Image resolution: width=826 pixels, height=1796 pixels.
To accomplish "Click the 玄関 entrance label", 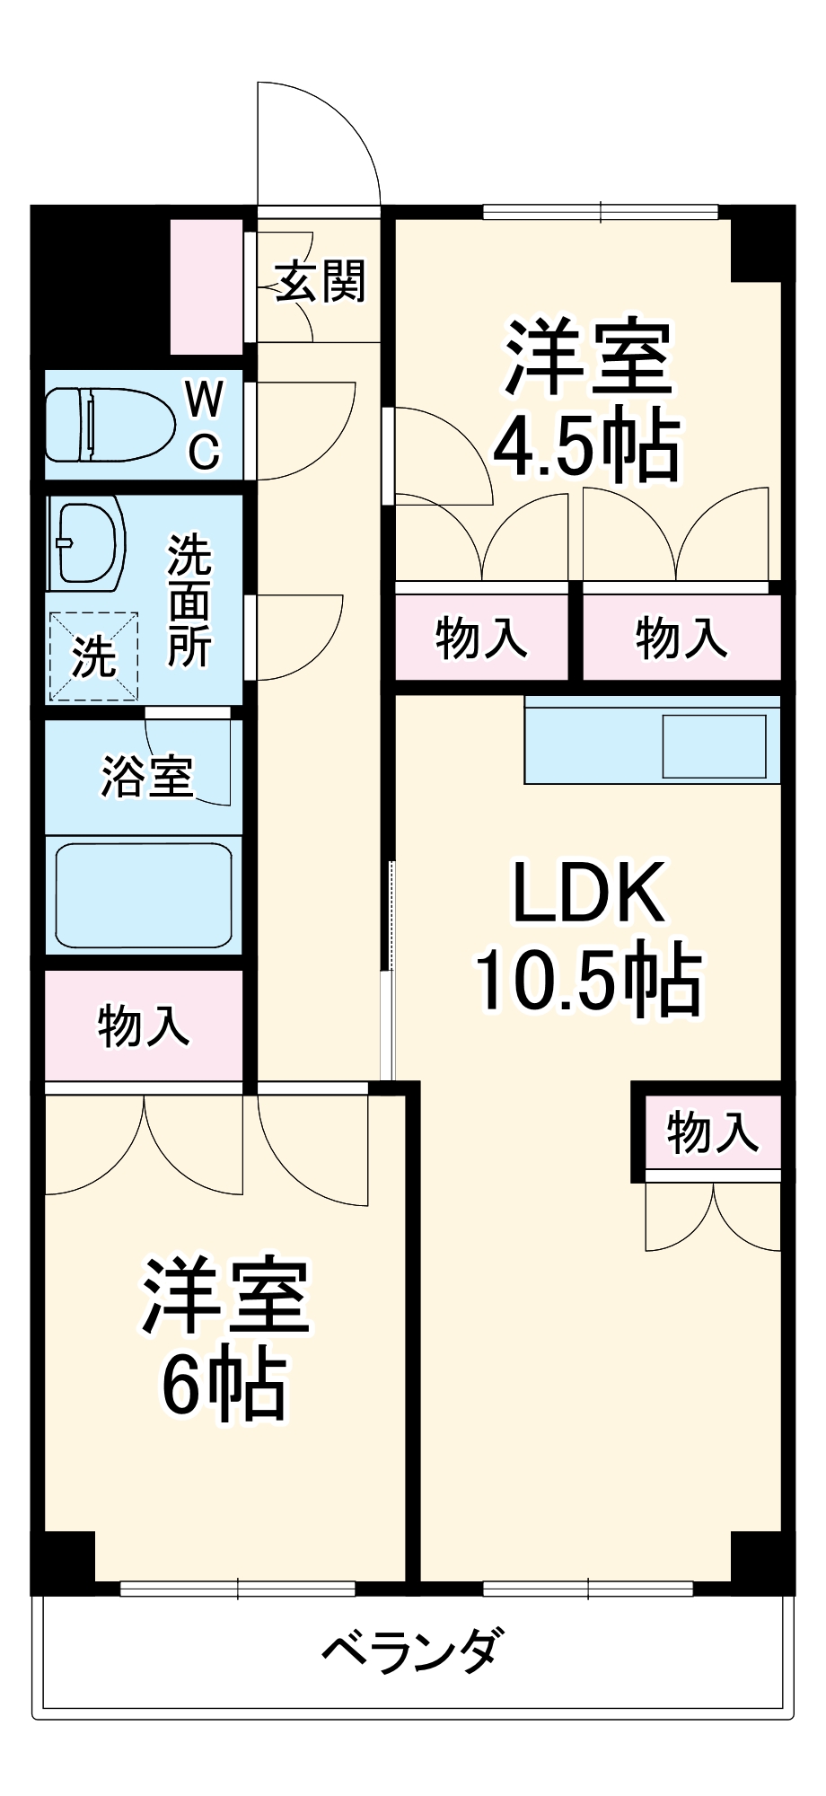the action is click(x=321, y=282).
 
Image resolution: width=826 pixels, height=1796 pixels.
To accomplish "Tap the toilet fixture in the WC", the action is click(x=110, y=424).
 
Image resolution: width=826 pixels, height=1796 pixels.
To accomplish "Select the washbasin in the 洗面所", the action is click(x=88, y=543).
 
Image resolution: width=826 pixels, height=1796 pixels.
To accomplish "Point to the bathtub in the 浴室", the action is click(x=145, y=894).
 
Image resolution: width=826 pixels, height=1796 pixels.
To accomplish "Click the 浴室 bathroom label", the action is click(x=147, y=776).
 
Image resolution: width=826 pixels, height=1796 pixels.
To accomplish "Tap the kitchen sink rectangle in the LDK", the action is click(x=715, y=746).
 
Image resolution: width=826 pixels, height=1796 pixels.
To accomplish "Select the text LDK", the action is click(x=589, y=892).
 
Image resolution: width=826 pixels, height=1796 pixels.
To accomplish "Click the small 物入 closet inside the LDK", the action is click(x=713, y=1131).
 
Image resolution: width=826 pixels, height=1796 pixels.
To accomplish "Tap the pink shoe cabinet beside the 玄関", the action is click(x=206, y=286).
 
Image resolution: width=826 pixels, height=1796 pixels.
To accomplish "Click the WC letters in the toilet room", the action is click(x=204, y=424).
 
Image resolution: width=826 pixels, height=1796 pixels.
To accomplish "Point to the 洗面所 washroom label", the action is click(x=189, y=601).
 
